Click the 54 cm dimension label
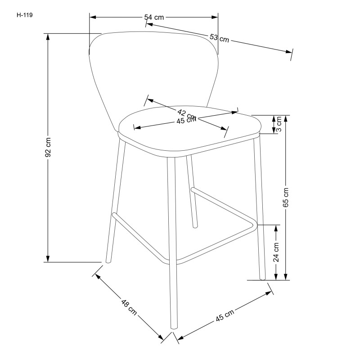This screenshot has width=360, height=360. pos(153,18)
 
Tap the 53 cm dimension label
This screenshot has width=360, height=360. pos(219,38)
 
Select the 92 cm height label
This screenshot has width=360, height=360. pos(48,147)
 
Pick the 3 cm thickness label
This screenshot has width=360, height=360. pos(279,124)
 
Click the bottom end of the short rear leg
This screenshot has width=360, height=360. pos(195,225)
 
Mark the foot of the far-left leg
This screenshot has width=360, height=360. pos(107,261)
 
